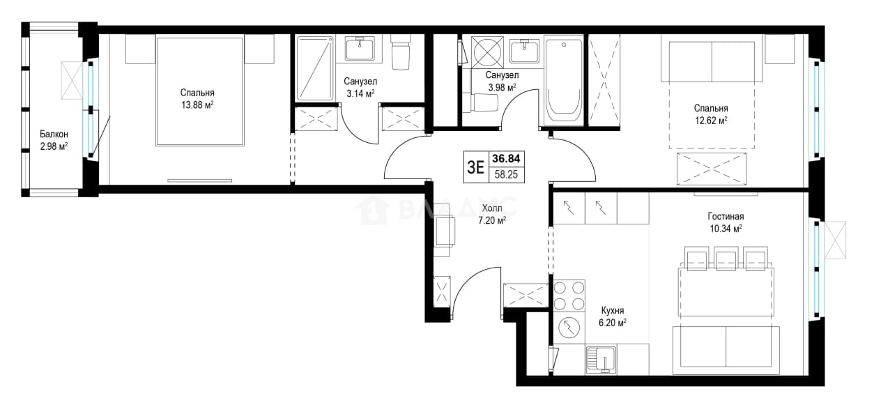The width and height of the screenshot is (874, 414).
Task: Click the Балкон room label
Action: click(x=54, y=135)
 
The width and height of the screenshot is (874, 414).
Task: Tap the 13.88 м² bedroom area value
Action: click(x=197, y=105)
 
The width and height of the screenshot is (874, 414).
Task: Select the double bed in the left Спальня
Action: click(x=200, y=91)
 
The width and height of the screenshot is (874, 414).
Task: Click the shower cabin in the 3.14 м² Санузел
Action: click(x=315, y=68)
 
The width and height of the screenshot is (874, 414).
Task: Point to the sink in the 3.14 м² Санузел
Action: click(x=360, y=49)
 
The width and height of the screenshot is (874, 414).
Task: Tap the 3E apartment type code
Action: click(x=475, y=167)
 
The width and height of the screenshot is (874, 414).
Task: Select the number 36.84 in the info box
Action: click(x=506, y=159)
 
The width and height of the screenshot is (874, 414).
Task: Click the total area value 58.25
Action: click(x=506, y=175)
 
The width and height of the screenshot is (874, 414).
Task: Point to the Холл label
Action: click(x=492, y=208)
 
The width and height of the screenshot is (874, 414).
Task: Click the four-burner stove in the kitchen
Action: click(x=569, y=296)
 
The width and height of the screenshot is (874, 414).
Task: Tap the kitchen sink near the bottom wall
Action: click(x=601, y=359)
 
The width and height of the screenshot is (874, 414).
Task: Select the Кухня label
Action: click(x=613, y=311)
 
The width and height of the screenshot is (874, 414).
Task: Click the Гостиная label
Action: click(x=726, y=217)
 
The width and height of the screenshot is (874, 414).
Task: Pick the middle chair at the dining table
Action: click(x=726, y=259)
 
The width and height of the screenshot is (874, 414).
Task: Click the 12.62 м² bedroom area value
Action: click(x=711, y=121)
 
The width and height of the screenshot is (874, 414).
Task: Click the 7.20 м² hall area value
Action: click(x=492, y=221)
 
